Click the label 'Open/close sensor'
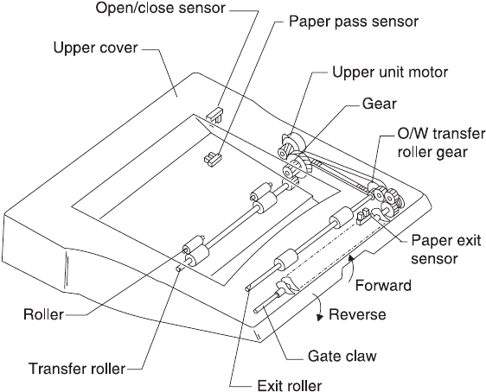pos(160,8)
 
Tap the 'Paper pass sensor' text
pos(354,22)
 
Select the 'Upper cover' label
pos(95,48)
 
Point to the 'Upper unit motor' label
pos(390,72)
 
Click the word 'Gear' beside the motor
pos(380,104)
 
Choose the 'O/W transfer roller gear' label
pos(441,143)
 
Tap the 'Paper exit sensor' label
pos(446,250)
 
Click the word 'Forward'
pos(383,285)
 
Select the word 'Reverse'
pos(357,314)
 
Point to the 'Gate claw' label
pos(342,357)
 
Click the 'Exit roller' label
pos(290,385)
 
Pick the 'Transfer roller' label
pos(77,369)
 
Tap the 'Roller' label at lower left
pos(43,314)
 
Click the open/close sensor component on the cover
pos(214,115)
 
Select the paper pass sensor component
pos(213,159)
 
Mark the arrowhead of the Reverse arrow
pos(319,317)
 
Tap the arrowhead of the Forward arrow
pos(350,257)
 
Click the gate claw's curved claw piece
pos(288,285)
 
